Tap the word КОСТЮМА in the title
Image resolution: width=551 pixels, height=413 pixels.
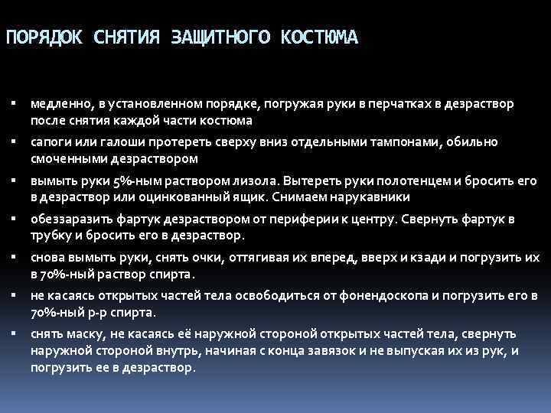click(x=315, y=37)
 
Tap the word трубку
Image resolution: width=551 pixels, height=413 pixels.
click(x=50, y=236)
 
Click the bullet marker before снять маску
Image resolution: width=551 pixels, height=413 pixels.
click(x=16, y=334)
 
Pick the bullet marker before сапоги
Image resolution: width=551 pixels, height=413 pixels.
click(x=16, y=141)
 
